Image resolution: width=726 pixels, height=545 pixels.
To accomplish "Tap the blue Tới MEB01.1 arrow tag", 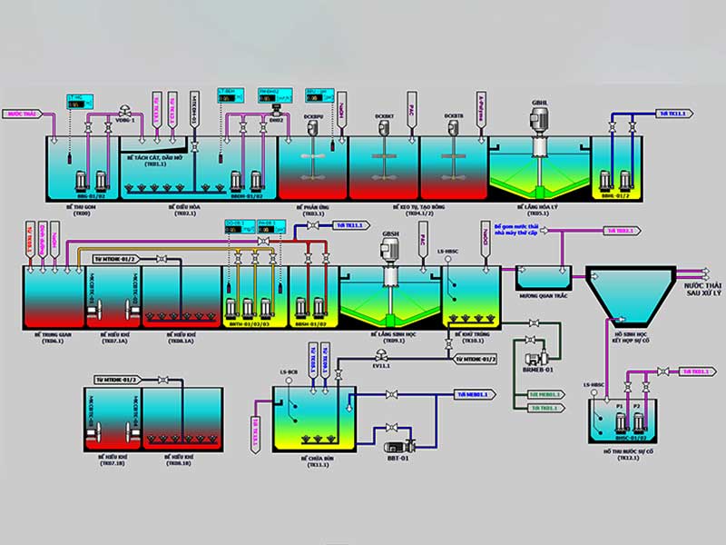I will [472, 394].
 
